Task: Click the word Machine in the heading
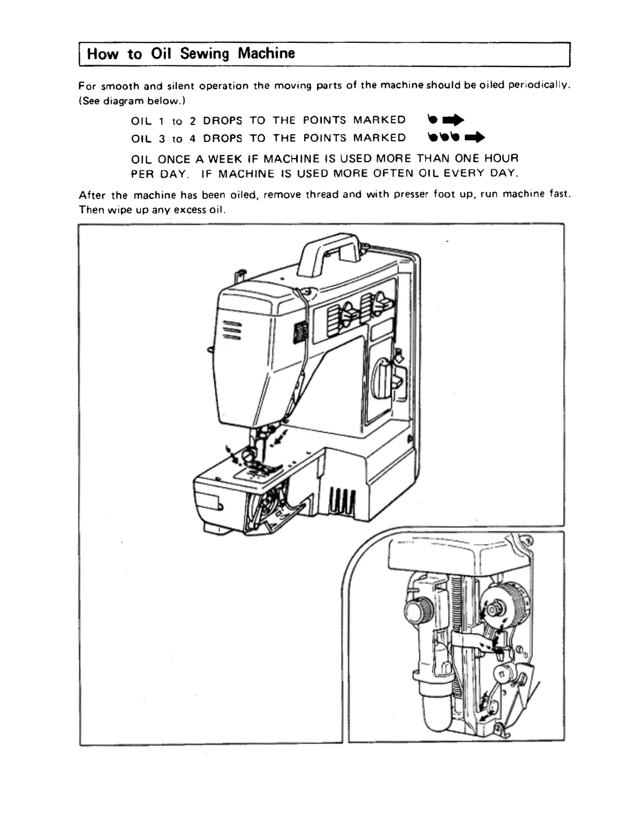pyautogui.click(x=266, y=53)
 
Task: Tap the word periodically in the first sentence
pyautogui.click(x=539, y=85)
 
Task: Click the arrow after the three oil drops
pyautogui.click(x=475, y=137)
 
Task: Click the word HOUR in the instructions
pyautogui.click(x=501, y=158)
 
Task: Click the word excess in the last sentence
pyautogui.click(x=191, y=210)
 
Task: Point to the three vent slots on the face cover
pyautogui.click(x=231, y=331)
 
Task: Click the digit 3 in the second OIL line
pyautogui.click(x=162, y=138)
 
